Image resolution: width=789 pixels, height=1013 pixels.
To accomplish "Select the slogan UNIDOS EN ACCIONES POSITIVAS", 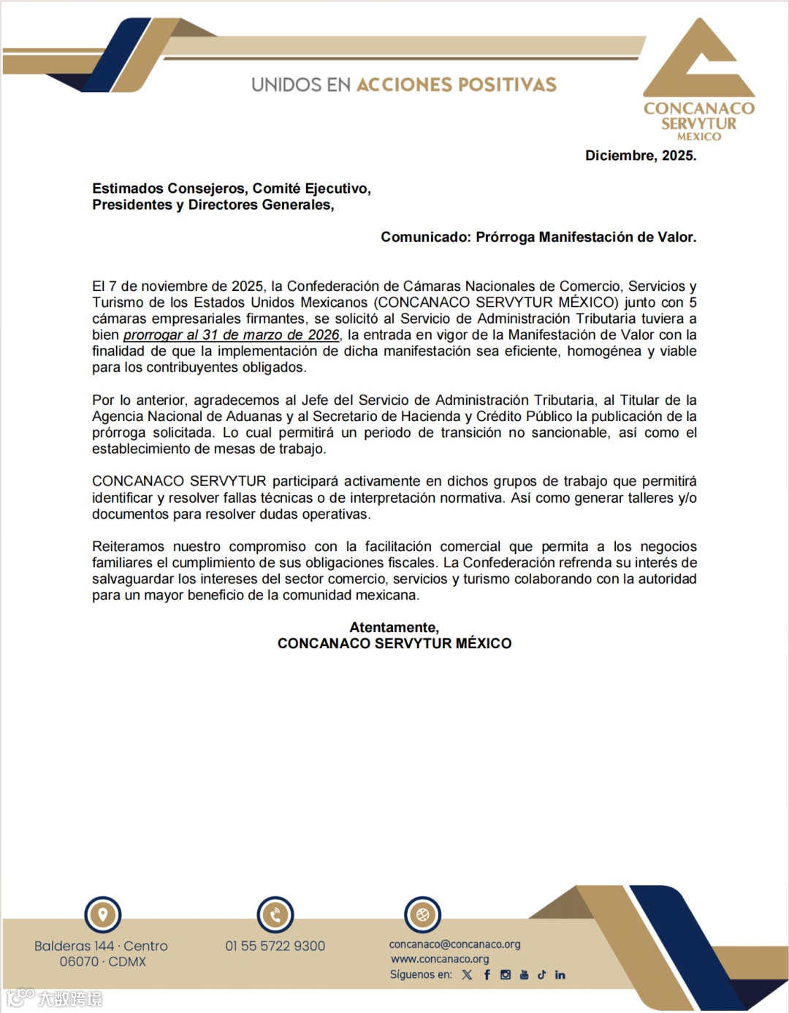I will (x=403, y=85).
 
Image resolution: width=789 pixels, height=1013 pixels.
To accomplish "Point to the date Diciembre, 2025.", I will (x=641, y=156).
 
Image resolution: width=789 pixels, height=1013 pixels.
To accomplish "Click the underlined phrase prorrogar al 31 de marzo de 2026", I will (x=231, y=335).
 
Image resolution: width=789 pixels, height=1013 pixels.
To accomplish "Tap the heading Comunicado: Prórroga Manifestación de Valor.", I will (x=538, y=237).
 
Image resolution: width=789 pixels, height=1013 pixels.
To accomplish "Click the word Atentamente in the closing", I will (x=394, y=627).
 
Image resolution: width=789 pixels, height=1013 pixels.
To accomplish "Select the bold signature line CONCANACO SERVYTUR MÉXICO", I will (x=394, y=643).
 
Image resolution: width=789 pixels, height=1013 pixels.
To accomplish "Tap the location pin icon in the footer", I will (x=102, y=914).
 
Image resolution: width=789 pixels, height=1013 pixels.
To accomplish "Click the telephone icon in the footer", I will (x=275, y=914).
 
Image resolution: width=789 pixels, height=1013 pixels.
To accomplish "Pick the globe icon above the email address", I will (x=422, y=914).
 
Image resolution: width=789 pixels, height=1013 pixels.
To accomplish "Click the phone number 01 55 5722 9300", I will (x=275, y=946).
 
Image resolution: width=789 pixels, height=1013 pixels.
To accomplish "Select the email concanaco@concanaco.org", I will (x=454, y=944).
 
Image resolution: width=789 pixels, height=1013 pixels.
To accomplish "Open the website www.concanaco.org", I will (x=440, y=959).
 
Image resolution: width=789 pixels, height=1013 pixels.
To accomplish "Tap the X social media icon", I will (x=467, y=975).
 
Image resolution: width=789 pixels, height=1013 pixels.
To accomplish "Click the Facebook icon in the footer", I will (x=487, y=975).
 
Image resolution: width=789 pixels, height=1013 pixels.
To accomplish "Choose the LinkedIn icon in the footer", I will (x=560, y=975).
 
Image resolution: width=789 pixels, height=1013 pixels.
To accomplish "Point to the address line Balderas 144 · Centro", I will (x=101, y=946).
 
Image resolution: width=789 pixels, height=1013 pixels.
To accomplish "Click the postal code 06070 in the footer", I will (x=79, y=962).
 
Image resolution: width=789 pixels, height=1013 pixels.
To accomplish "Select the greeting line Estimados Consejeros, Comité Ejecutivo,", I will (x=232, y=189).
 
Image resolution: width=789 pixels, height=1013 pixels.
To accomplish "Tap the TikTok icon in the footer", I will (x=541, y=975).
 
